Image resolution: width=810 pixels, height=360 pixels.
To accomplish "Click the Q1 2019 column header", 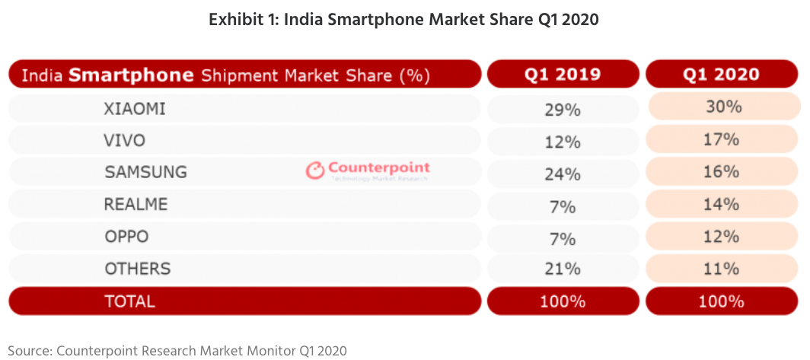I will pos(563,75).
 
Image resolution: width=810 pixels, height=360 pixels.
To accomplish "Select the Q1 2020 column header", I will pos(721,75).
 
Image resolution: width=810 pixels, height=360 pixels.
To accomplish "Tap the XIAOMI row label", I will pos(135,110).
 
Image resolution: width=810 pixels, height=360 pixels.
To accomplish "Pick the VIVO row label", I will pos(125,141).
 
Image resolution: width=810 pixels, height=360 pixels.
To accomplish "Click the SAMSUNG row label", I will pos(145,173).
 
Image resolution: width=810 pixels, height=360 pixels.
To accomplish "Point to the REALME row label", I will pos(136,205).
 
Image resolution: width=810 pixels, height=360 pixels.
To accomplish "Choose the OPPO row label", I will pos(127,237).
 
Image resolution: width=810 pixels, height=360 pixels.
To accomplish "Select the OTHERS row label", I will pos(138,269).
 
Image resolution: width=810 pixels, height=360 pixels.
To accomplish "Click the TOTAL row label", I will pos(129,301).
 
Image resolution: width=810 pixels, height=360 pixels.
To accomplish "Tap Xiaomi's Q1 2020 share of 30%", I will pos(722,107).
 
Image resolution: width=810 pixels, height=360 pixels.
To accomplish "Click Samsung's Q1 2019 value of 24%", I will pos(563,174).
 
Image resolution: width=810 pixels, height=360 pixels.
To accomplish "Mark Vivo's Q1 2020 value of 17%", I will pos(722,139).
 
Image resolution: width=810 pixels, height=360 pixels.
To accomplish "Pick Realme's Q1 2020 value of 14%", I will pos(722,204).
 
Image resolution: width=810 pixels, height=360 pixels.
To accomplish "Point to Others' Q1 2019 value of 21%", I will pos(563,269).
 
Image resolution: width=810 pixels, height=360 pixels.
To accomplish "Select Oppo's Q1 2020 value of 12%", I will pos(722,236).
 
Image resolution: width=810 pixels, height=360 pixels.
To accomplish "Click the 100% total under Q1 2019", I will pos(563,301).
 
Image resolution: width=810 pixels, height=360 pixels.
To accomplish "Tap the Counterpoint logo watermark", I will pos(368,170).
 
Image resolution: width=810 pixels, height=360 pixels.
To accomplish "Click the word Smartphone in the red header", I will pos(130,75).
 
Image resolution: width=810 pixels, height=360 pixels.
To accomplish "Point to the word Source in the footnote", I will pos(28,350).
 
